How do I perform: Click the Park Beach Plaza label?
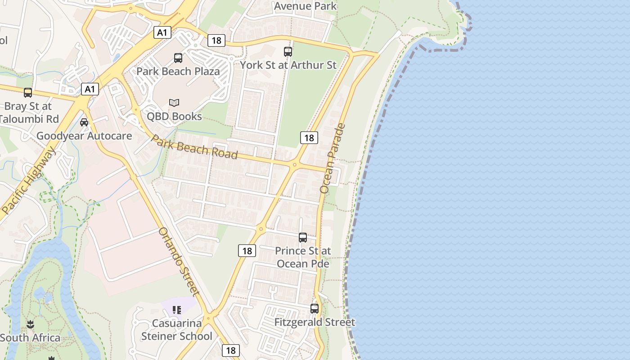pyautogui.click(x=178, y=71)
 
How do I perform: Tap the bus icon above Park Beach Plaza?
pyautogui.click(x=178, y=58)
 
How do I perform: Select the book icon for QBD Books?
pyautogui.click(x=174, y=103)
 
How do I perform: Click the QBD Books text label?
pyautogui.click(x=174, y=116)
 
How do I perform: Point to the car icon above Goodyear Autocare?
pyautogui.click(x=84, y=122)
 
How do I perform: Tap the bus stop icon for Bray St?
pyautogui.click(x=28, y=93)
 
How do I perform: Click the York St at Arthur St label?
pyautogui.click(x=288, y=65)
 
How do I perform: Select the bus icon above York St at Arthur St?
pyautogui.click(x=288, y=52)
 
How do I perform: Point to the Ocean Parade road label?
pyautogui.click(x=332, y=158)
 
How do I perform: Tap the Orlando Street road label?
pyautogui.click(x=179, y=262)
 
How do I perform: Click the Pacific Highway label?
pyautogui.click(x=29, y=180)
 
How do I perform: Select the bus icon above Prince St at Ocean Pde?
pyautogui.click(x=303, y=237)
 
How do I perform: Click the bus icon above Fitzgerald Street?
pyautogui.click(x=315, y=309)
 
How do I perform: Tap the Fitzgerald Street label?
pyautogui.click(x=315, y=322)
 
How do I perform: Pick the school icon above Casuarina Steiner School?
pyautogui.click(x=177, y=310)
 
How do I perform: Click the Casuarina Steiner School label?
pyautogui.click(x=177, y=330)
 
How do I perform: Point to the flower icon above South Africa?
pyautogui.click(x=30, y=324)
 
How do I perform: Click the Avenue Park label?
pyautogui.click(x=305, y=6)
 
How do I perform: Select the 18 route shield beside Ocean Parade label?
pyautogui.click(x=309, y=138)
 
